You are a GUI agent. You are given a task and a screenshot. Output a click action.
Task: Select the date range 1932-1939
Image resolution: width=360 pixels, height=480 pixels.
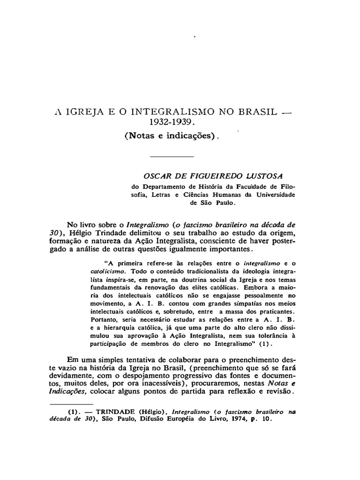[175, 124]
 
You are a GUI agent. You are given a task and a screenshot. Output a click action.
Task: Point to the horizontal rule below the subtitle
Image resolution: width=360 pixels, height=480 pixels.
[172, 156]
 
